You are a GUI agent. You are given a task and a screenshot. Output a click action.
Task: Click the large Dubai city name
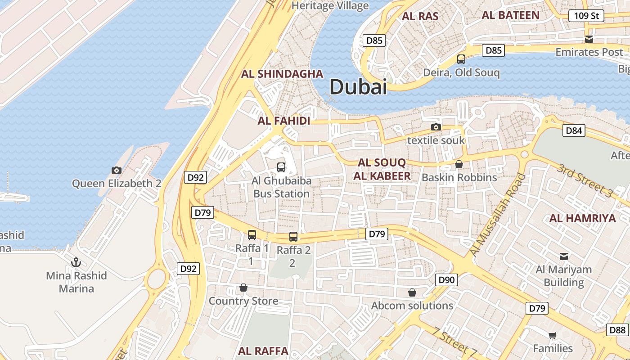[358, 86]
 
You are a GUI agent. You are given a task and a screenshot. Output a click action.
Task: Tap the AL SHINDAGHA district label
[282, 74]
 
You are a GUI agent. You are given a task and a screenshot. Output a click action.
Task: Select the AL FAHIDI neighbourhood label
[284, 121]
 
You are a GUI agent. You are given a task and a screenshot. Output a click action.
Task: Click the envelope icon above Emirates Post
[589, 39]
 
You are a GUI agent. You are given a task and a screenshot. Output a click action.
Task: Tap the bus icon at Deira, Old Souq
[461, 59]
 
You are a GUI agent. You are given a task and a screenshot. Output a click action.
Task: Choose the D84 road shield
[574, 131]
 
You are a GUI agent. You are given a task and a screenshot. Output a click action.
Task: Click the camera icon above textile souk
[436, 127]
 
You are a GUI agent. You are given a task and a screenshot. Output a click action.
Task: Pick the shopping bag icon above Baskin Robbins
[459, 164]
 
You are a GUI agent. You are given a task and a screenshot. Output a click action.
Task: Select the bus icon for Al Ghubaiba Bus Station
[281, 167]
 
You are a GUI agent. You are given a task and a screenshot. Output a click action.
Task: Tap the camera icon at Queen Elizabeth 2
[117, 170]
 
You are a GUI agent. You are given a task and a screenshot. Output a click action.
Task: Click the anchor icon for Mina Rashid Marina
[76, 262]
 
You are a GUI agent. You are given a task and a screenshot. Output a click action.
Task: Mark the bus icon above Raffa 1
[252, 235]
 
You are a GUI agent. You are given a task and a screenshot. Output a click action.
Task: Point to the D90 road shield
[446, 280]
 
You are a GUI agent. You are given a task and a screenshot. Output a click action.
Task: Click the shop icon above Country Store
[243, 288]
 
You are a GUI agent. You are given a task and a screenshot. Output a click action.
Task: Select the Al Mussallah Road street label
[497, 215]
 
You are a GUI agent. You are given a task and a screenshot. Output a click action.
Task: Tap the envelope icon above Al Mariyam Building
[563, 256]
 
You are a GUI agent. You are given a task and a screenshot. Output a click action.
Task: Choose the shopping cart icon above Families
[553, 335]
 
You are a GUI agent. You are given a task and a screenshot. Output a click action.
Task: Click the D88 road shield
[617, 330]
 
